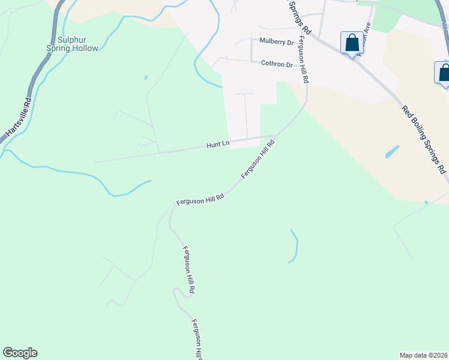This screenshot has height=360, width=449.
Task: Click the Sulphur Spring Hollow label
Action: pyautogui.click(x=72, y=44)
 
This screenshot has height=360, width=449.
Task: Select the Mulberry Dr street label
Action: pyautogui.click(x=276, y=42)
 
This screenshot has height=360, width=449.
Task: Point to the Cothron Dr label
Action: pyautogui.click(x=276, y=64)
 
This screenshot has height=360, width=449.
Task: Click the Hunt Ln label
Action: pyautogui.click(x=218, y=145)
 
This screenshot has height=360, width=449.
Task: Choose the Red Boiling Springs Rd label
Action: pyautogui.click(x=424, y=137)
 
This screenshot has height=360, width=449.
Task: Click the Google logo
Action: pyautogui.click(x=20, y=353)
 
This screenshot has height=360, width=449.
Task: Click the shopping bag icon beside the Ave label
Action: pyautogui.click(x=352, y=43)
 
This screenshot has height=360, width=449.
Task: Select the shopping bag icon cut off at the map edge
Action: pyautogui.click(x=444, y=73)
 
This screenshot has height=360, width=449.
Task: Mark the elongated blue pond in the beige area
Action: pyautogui.click(x=392, y=151)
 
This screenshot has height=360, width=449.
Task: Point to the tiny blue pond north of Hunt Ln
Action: pyautogui.click(x=146, y=78)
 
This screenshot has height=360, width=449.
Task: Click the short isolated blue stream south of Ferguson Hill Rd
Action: pyautogui.click(x=294, y=246)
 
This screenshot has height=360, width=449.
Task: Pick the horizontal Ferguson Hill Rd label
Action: pyautogui.click(x=200, y=199)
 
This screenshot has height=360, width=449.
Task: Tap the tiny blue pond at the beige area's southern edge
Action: pyautogui.click(x=426, y=203)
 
